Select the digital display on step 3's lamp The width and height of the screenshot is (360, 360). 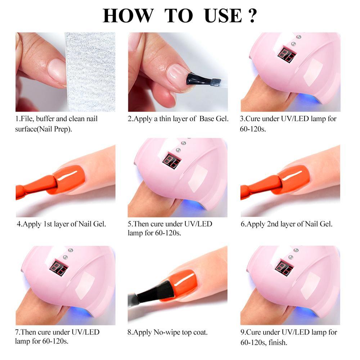287,54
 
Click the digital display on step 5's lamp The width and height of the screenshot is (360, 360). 171,161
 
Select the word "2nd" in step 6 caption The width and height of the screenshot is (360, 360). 272,224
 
